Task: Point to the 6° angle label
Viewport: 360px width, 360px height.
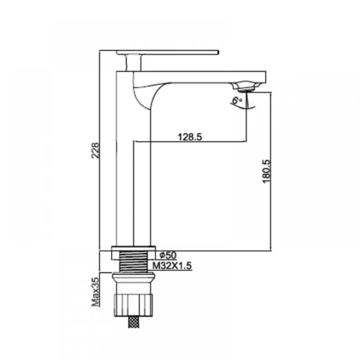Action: [x=236, y=101]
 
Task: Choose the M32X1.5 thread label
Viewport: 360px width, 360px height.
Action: [x=172, y=266]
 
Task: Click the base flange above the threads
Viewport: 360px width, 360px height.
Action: [x=133, y=252]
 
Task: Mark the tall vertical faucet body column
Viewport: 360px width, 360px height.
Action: [x=125, y=180]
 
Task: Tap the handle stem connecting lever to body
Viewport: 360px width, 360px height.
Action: [x=133, y=62]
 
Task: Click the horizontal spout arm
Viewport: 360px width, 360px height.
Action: [x=202, y=77]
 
